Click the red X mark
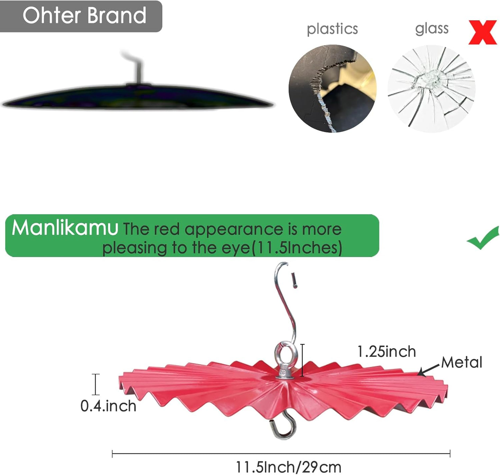482,32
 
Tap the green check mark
483,238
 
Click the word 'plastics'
332,29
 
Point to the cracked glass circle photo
431,89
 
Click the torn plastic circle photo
333,89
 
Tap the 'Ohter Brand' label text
84,16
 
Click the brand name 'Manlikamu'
65,228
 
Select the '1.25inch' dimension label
387,352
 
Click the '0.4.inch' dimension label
108,406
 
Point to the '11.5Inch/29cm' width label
289,467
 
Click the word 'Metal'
462,362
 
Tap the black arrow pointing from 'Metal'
428,370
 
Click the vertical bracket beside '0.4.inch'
96,384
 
